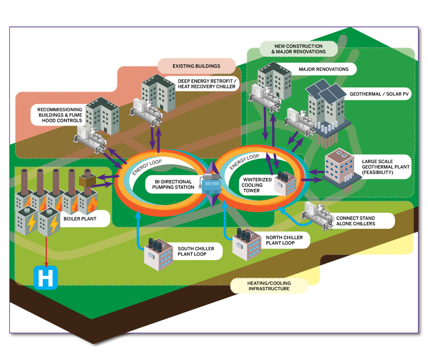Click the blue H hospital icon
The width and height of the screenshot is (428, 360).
(x=46, y=278)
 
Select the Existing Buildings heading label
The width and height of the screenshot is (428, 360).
(x=196, y=66)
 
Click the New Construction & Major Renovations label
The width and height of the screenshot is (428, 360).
(x=298, y=49)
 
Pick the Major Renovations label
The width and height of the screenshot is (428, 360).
(x=323, y=69)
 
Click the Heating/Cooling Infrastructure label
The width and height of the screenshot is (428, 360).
(x=269, y=286)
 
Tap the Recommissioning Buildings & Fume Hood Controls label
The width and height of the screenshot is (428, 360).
(x=60, y=115)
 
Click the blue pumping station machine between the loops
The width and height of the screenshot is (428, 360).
(x=211, y=184)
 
